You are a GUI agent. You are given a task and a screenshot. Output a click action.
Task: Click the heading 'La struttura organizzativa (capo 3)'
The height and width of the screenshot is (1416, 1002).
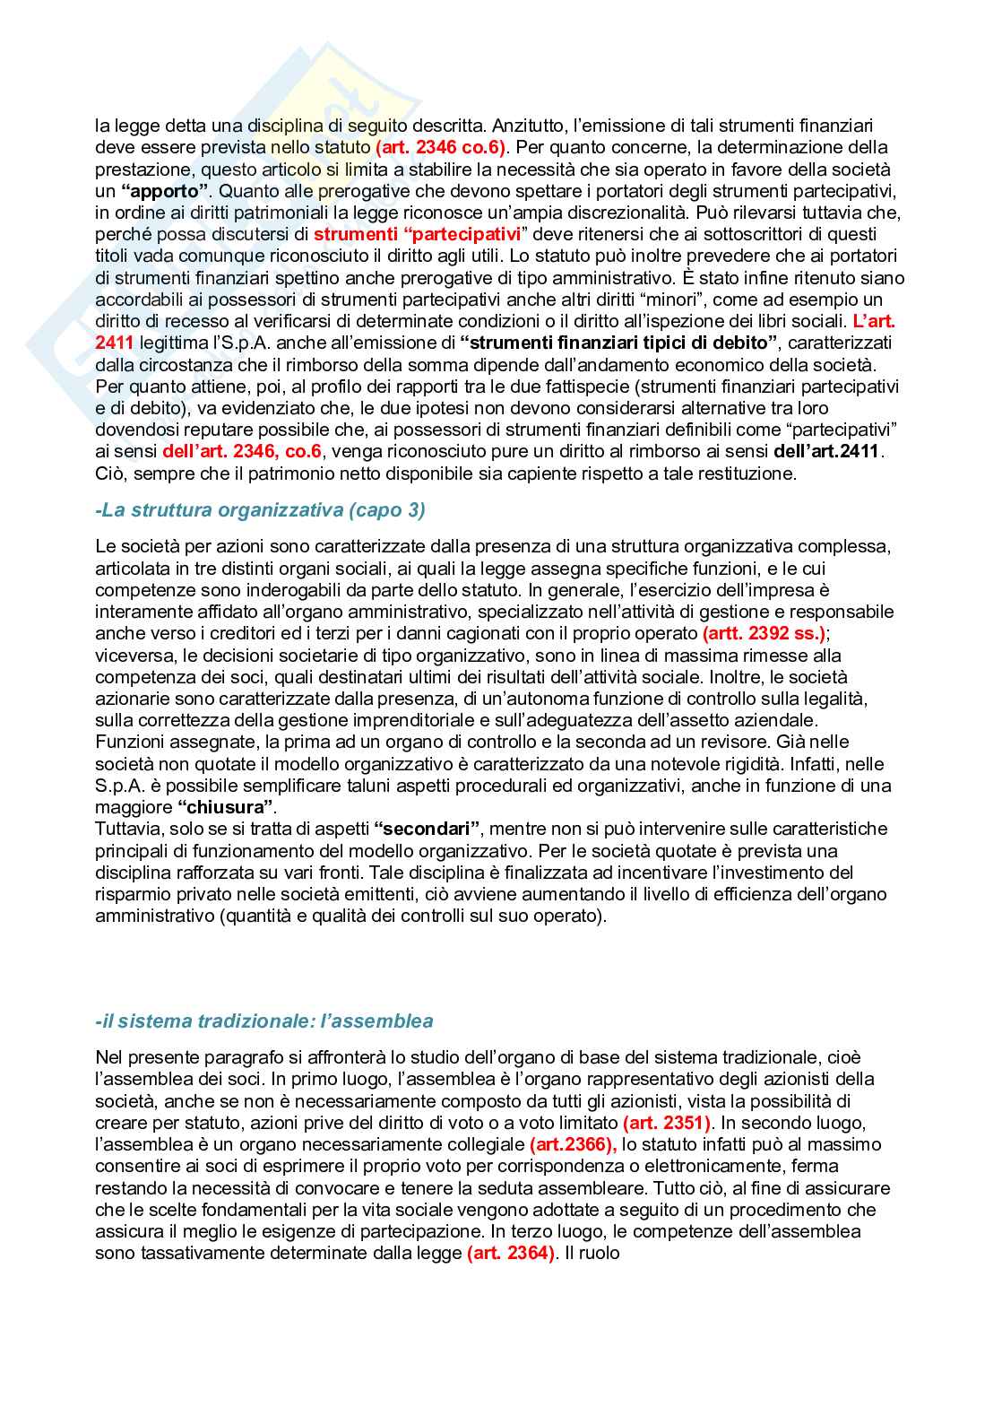point(260,510)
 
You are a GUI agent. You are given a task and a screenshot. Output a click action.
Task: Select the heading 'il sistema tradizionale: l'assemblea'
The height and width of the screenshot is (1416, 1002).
point(263,1021)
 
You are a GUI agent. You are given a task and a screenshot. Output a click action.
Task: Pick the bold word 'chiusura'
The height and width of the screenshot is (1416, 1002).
point(228,807)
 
